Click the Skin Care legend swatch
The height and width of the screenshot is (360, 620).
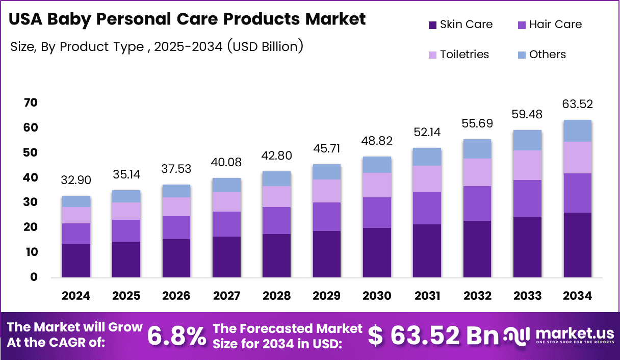tap(432, 24)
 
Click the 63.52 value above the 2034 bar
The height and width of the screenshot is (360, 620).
tap(578, 105)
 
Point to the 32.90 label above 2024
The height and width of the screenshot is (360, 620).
tap(76, 181)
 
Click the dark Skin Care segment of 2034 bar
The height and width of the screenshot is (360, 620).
tap(578, 245)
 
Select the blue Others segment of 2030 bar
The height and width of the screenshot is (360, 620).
tap(377, 165)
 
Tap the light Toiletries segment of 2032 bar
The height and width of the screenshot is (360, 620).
tap(477, 172)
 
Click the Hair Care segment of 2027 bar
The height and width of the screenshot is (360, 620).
tap(226, 224)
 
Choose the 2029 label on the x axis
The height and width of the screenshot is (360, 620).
tap(327, 296)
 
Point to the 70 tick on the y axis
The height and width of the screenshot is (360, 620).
tap(31, 103)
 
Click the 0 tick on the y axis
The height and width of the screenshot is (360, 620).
tap(34, 277)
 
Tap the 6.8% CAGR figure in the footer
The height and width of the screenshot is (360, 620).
tap(177, 336)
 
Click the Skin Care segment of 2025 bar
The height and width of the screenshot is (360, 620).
tap(126, 259)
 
